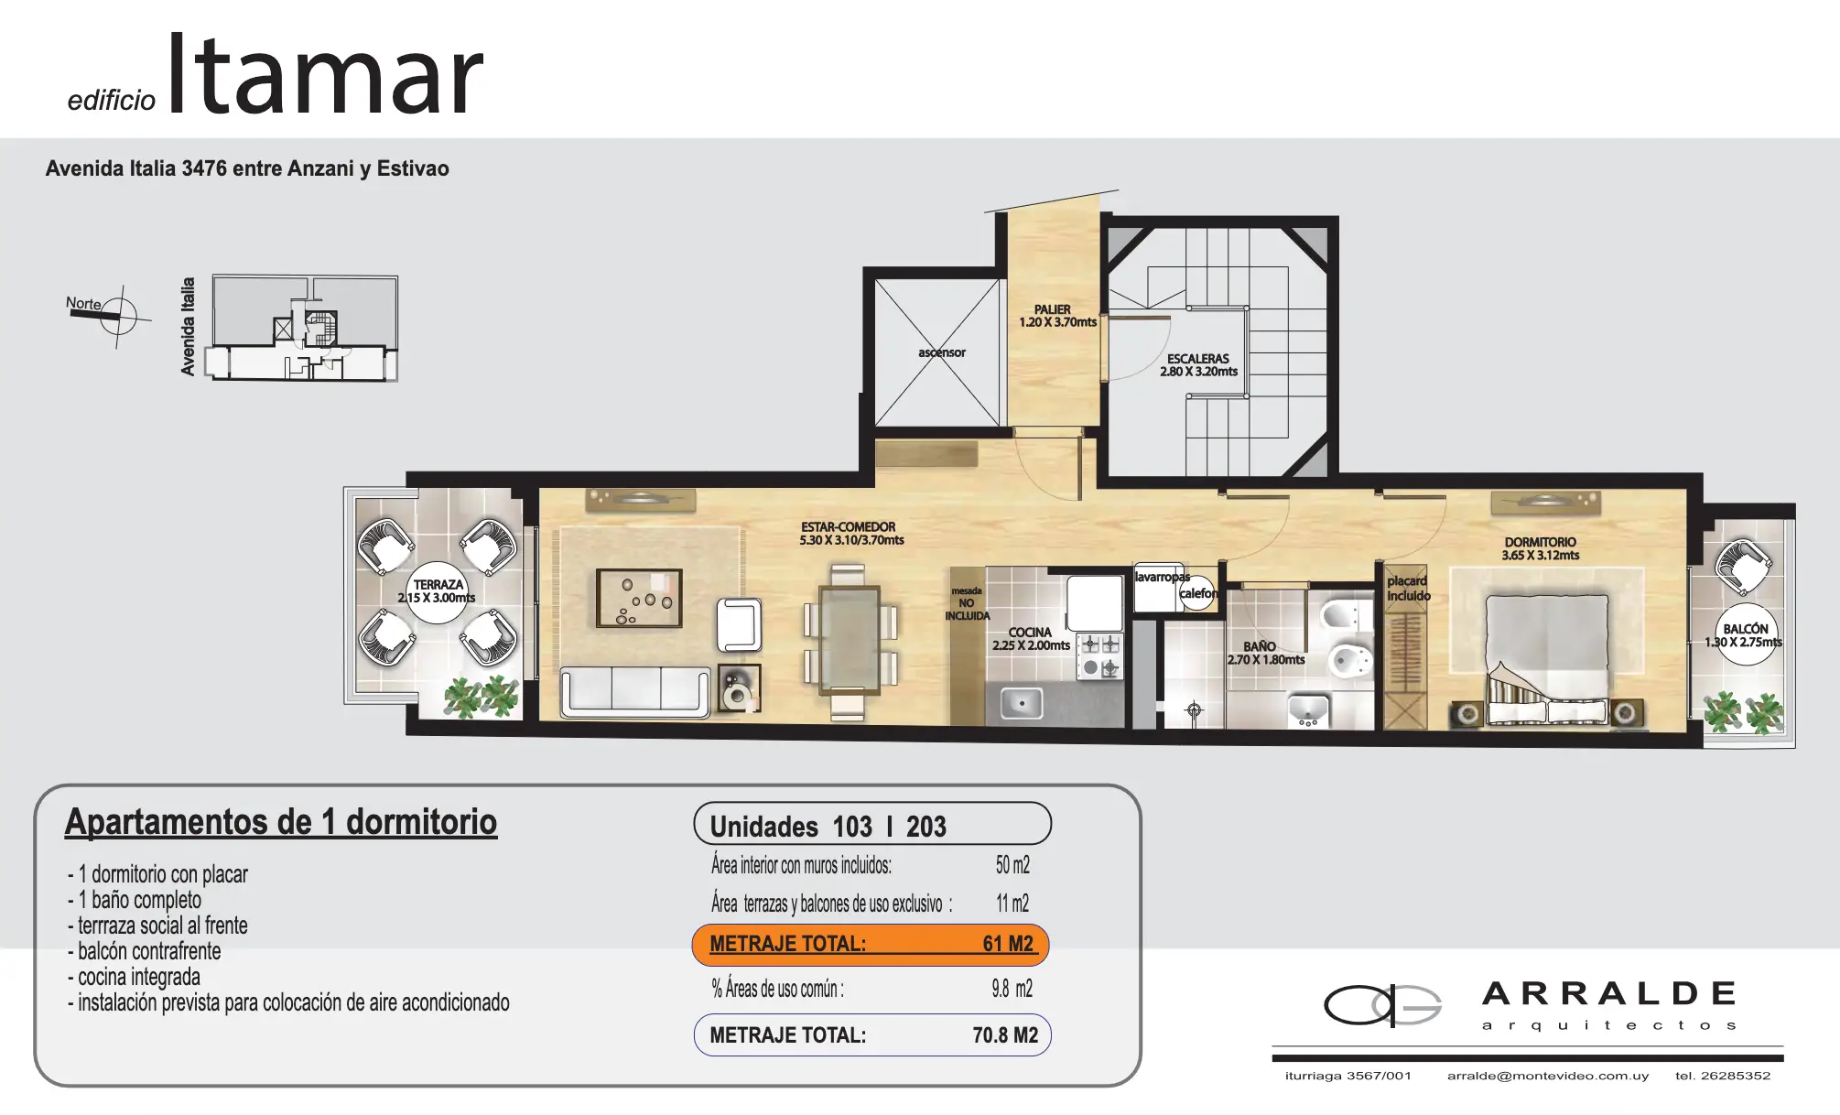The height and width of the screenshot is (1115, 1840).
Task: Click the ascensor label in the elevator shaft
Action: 941,352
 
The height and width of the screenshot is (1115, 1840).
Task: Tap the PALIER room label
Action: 1053,309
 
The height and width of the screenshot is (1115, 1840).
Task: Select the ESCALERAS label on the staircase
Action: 1198,359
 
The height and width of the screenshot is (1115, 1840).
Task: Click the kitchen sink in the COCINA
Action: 1021,704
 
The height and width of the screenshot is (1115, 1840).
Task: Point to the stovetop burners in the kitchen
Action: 1099,656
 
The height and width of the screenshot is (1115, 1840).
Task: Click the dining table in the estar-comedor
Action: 849,637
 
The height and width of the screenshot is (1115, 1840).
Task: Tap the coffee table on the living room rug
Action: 639,598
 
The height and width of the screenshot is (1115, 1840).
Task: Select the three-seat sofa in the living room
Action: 634,693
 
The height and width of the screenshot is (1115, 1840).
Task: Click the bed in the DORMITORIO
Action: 1547,660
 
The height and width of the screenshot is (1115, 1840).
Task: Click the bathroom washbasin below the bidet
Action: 1308,710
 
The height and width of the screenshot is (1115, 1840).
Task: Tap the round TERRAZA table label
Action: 438,592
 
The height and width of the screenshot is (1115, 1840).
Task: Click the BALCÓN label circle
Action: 1745,635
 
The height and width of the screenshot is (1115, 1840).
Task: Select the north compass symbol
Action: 117,316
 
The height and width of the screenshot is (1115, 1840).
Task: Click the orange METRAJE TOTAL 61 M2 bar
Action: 871,945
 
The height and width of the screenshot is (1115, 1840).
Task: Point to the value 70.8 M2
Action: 1005,1035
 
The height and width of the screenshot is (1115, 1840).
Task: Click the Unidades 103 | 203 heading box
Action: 872,824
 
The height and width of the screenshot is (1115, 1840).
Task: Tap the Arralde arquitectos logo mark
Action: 1382,1005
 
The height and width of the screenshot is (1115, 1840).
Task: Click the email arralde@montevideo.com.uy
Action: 1548,1076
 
